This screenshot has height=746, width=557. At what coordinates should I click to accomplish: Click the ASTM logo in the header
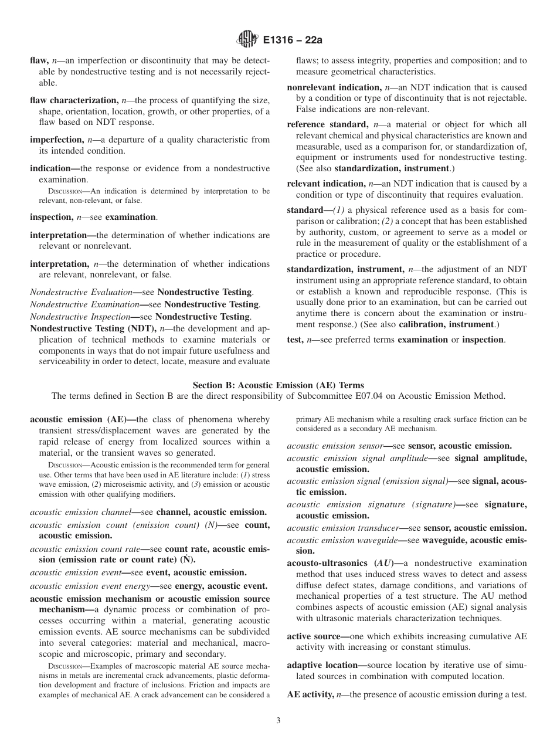247,40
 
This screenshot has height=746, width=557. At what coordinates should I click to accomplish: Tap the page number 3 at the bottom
278,721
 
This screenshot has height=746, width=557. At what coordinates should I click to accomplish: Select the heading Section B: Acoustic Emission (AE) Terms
278,385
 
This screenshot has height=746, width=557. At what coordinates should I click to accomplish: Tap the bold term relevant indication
325,184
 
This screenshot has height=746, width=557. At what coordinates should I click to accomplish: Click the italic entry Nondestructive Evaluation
81,292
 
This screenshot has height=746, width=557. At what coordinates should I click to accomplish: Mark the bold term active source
314,636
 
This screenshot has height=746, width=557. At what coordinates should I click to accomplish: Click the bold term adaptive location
322,665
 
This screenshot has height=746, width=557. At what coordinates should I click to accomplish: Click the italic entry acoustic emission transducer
347,528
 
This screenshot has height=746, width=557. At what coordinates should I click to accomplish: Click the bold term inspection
51,217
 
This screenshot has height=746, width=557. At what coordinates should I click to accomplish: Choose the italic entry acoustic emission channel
80,512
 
